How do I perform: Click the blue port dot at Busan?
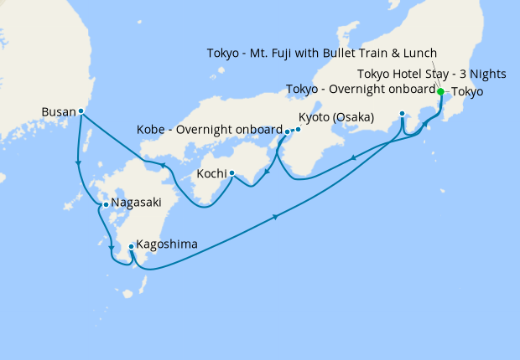click(x=81, y=111)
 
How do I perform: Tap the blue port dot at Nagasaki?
click(x=105, y=203)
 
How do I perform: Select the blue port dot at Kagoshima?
click(x=131, y=246)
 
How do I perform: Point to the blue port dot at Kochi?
click(x=231, y=174)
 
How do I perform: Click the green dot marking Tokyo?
click(x=441, y=91)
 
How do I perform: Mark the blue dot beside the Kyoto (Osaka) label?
click(x=298, y=129)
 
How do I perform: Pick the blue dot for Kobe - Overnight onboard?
click(x=288, y=131)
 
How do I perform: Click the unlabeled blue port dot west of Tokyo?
click(x=403, y=113)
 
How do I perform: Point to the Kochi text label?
click(x=210, y=175)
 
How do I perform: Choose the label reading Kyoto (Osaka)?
click(x=336, y=116)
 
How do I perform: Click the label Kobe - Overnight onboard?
click(x=209, y=130)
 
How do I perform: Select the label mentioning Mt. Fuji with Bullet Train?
click(x=322, y=53)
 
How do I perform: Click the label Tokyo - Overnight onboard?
click(x=361, y=89)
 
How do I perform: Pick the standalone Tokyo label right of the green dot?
click(x=467, y=92)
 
